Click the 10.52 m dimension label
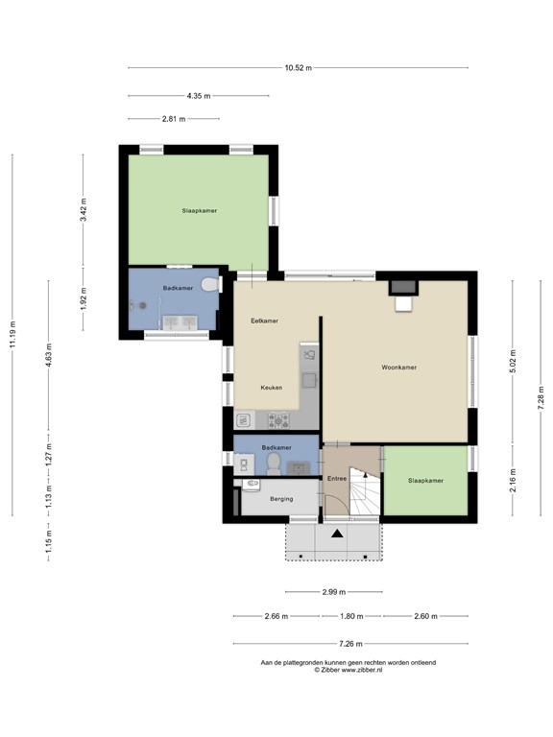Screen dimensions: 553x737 click(299, 68)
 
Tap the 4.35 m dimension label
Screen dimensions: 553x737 click(199, 96)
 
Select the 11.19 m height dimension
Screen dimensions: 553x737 click(12, 334)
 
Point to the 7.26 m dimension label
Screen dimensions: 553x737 click(350, 644)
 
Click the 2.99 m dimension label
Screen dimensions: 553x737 click(334, 592)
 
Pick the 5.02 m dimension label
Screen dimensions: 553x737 click(513, 361)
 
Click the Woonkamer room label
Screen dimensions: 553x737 click(398, 368)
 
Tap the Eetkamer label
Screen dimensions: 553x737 click(264, 321)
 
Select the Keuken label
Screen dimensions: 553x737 click(272, 388)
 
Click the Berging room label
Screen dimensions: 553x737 click(281, 499)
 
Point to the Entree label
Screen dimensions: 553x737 click(337, 479)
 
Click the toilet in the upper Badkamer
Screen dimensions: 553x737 click(209, 284)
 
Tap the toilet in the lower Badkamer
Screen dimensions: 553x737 click(273, 463)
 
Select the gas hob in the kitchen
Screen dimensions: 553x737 click(278, 419)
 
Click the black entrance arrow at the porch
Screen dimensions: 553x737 click(337, 533)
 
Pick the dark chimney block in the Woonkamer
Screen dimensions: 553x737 click(402, 287)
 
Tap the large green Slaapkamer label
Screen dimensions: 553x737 click(200, 211)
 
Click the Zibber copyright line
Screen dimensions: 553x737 click(348, 670)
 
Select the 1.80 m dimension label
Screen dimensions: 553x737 click(351, 616)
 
